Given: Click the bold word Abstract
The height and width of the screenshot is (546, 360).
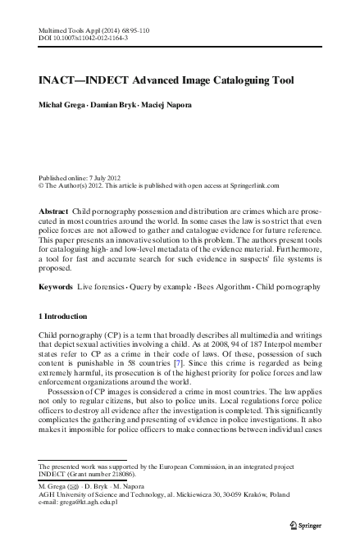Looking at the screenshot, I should (53, 212).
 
